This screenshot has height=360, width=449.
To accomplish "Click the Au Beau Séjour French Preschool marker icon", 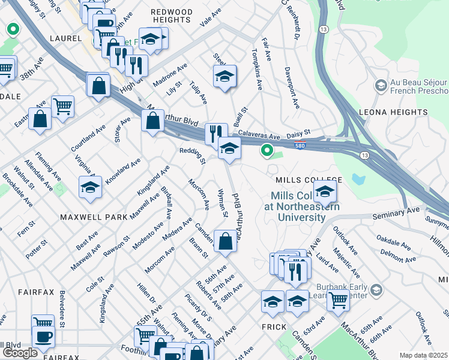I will point(380,86).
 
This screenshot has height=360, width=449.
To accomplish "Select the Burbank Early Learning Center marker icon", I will point(376,291).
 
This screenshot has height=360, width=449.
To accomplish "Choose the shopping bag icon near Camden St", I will point(225,242).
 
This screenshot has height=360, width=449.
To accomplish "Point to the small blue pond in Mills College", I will point(359,179).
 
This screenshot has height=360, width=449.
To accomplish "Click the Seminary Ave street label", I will point(396,212).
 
